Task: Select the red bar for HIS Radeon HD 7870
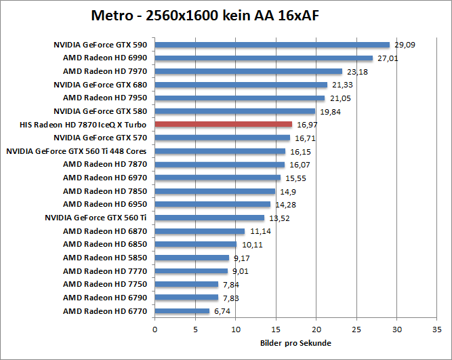point(224,124)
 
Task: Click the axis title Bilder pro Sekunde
point(295,343)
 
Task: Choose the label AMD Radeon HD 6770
point(105,311)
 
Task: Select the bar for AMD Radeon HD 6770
point(182,311)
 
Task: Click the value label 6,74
point(223,311)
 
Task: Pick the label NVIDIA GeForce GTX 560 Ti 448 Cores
point(77,151)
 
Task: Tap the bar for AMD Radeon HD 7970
point(249,71)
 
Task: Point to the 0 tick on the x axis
point(155,330)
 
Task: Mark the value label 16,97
point(306,125)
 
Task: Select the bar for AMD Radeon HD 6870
point(200,231)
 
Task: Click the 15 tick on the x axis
point(276,330)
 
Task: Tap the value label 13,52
point(278,218)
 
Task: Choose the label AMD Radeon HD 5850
point(105,258)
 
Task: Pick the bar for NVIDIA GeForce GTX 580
point(235,111)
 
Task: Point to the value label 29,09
point(404,45)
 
